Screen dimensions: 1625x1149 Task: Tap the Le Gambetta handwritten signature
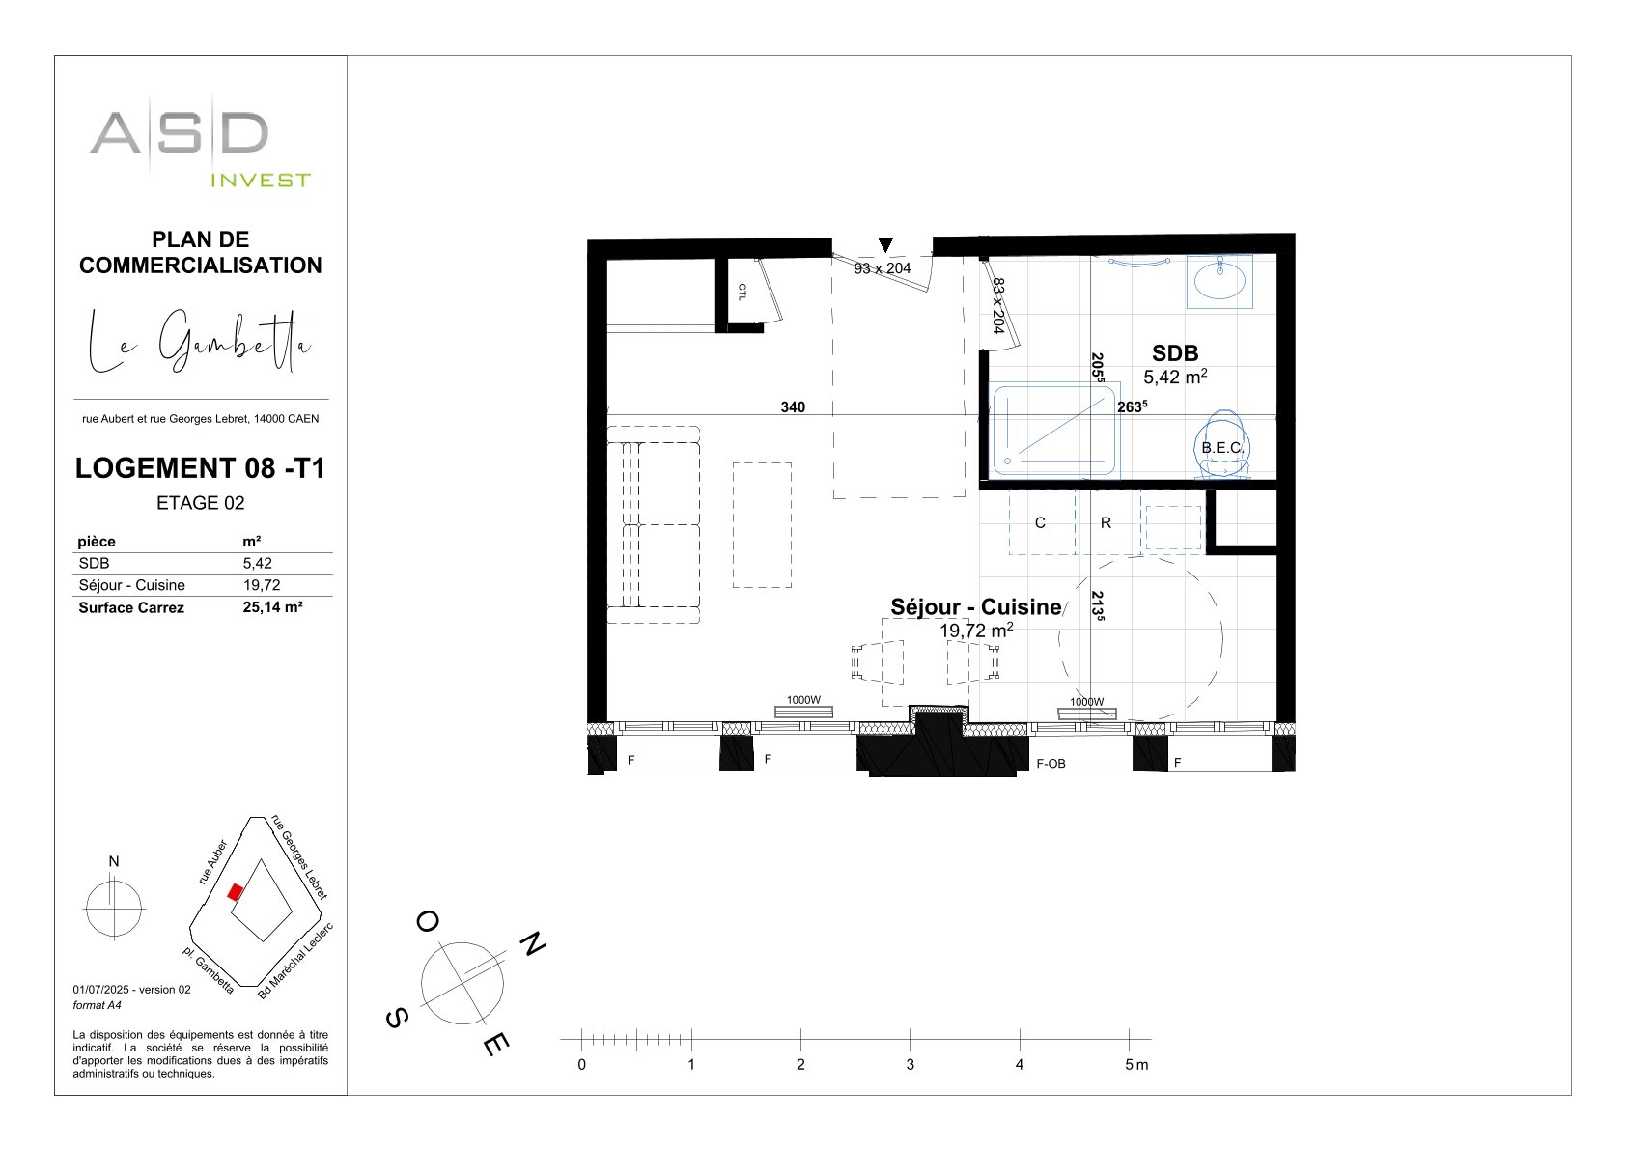200,341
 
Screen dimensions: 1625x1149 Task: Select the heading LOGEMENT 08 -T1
200,468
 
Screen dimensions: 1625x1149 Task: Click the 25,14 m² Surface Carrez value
272,607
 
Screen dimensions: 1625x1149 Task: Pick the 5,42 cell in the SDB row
258,563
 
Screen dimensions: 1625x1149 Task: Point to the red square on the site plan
235,892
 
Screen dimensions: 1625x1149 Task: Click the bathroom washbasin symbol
1220,281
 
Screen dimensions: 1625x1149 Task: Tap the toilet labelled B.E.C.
1223,445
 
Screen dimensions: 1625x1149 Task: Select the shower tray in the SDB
1053,431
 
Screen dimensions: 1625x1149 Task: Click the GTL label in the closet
742,293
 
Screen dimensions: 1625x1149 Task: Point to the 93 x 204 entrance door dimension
883,268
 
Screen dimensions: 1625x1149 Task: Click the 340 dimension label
793,407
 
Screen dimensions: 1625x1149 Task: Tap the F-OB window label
1051,763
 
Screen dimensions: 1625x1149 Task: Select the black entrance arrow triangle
885,244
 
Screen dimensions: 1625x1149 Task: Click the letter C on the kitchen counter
1040,523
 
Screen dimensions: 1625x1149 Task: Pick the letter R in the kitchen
1106,523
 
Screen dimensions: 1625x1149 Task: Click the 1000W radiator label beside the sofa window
803,700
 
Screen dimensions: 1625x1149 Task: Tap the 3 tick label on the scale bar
910,1065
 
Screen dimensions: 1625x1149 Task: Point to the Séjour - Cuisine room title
976,606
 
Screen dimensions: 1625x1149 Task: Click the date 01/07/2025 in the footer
100,990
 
